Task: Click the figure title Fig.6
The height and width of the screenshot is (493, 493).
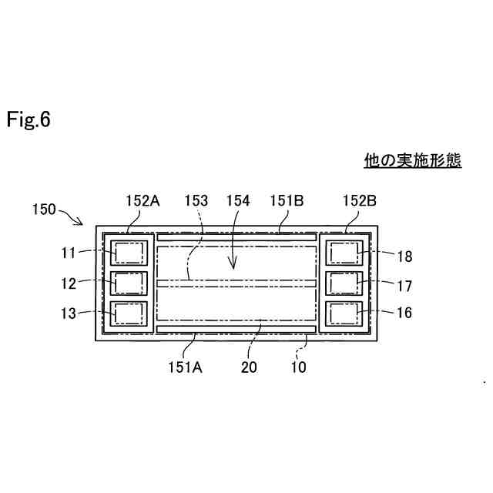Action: [x=29, y=120]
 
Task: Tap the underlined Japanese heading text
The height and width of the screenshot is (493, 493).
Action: [x=412, y=161]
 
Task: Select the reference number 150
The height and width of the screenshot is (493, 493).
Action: [x=45, y=209]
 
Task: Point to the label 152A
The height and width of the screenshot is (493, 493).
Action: [x=142, y=201]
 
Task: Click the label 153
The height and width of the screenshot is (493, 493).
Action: [x=196, y=201]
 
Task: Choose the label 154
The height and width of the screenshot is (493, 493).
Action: [x=238, y=201]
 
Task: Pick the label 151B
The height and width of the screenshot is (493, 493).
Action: [x=287, y=201]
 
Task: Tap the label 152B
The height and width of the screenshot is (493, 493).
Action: [x=359, y=201]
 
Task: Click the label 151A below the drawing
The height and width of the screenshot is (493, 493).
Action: [x=185, y=367]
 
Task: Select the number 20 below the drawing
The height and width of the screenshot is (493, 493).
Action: [x=249, y=367]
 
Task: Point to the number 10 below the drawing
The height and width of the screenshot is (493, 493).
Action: [x=298, y=367]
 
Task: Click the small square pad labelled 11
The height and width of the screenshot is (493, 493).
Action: [x=128, y=253]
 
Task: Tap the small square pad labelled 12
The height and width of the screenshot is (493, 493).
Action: [x=128, y=283]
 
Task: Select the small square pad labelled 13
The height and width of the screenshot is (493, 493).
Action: [x=128, y=314]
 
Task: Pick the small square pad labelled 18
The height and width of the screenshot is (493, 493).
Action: [x=344, y=253]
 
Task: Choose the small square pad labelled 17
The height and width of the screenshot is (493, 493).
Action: [x=344, y=283]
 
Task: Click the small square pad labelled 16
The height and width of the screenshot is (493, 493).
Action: [x=344, y=314]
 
